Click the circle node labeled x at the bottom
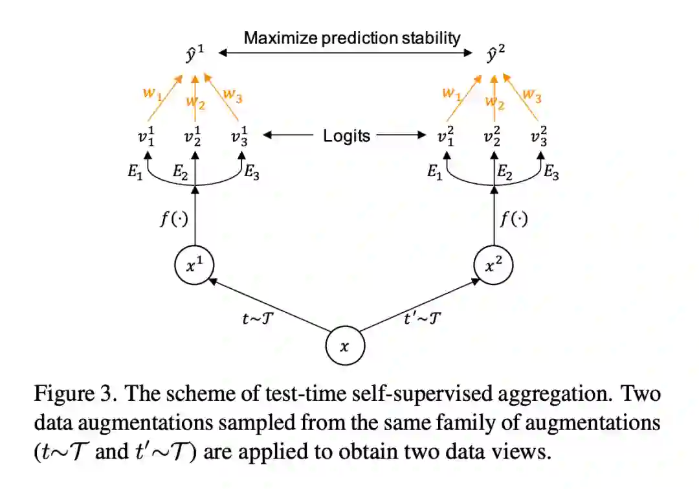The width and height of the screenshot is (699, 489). coord(345,346)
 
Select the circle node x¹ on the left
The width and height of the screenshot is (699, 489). coord(194,266)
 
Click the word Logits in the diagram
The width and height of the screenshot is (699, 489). coord(347,135)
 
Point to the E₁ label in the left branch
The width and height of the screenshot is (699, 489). coord(135,172)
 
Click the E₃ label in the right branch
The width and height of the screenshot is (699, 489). coord(551,172)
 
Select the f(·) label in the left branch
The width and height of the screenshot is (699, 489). coord(173,219)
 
